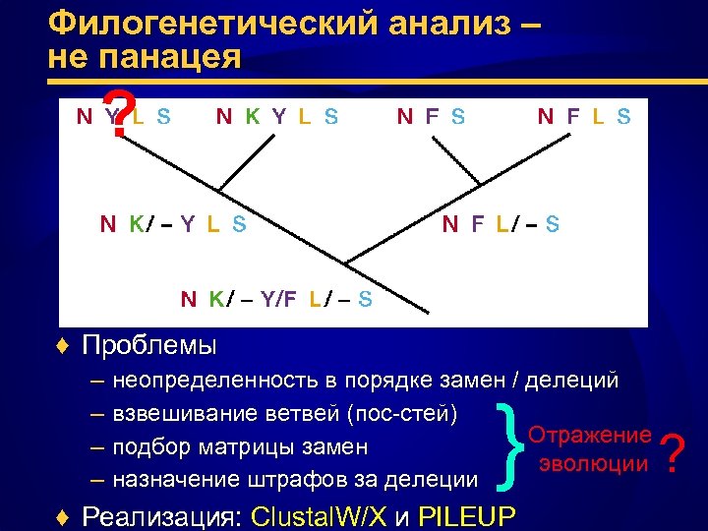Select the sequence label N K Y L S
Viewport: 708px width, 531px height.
click(x=277, y=117)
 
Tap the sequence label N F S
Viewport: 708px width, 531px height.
click(x=431, y=117)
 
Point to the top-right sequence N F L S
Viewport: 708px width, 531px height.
click(x=584, y=117)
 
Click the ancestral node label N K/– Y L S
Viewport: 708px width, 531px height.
click(x=173, y=223)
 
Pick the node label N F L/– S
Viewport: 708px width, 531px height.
click(x=501, y=223)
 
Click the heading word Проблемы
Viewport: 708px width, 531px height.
click(x=149, y=346)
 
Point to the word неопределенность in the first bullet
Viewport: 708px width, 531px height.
click(x=207, y=379)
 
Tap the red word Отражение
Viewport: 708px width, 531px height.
click(x=590, y=435)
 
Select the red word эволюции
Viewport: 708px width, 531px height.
click(x=592, y=462)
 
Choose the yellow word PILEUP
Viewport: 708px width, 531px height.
click(x=472, y=515)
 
